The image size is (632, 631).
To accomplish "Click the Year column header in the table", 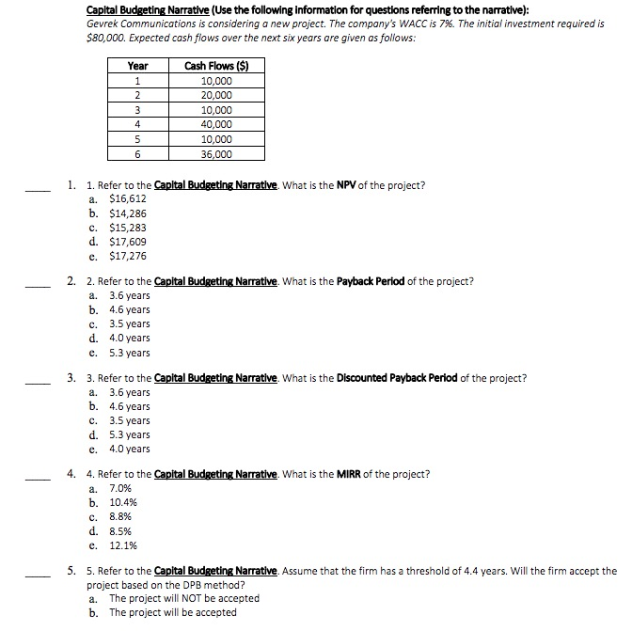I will pos(138,66).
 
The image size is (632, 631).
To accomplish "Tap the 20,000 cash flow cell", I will pos(217,96).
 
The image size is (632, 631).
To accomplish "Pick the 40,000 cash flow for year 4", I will pos(217,125).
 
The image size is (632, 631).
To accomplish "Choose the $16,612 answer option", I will pos(128,199).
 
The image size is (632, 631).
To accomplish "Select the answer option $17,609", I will pos(128,242).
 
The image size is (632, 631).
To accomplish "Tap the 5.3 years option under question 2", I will pos(130,353).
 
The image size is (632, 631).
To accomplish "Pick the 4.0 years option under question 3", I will pos(130,449).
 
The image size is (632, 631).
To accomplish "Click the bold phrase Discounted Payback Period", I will pos(396,378).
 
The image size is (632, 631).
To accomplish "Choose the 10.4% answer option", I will pos(124,502).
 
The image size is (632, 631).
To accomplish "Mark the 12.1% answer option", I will pos(124,544).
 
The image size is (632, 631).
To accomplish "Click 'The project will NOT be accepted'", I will pos(184,598).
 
